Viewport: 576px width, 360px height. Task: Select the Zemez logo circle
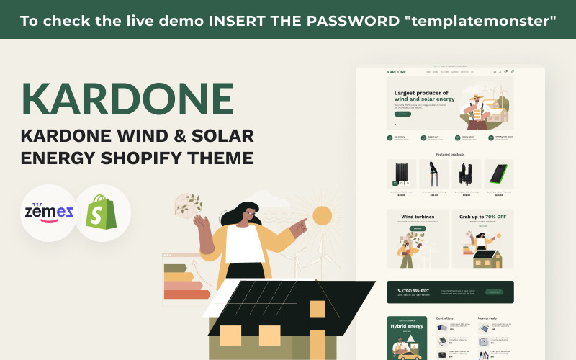(x=48, y=212)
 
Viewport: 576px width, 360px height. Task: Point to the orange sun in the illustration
(x=320, y=216)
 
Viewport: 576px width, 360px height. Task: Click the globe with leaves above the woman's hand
(x=189, y=205)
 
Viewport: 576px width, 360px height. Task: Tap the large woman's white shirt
(x=245, y=246)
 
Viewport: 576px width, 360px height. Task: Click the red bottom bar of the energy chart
(x=184, y=294)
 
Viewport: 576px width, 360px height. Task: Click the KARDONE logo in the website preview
(x=397, y=72)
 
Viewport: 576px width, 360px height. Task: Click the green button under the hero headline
(x=402, y=114)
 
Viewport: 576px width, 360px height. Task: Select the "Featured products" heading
(x=450, y=154)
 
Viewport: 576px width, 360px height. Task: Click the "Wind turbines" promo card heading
(x=418, y=217)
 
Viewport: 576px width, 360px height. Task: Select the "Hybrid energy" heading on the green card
(x=406, y=326)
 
